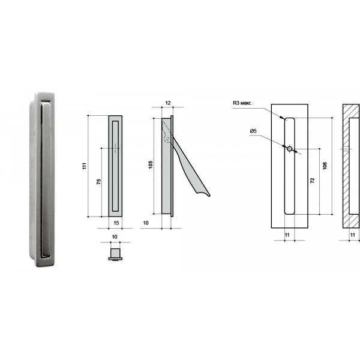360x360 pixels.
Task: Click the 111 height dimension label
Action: (85, 166)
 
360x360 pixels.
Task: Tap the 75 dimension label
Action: (99, 182)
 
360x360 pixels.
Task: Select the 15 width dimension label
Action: (116, 223)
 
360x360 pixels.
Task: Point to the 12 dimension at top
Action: (168, 103)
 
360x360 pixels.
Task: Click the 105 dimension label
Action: (151, 165)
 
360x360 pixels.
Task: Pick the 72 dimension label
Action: (313, 181)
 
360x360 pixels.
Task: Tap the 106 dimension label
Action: (325, 166)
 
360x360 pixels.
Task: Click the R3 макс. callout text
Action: (242, 103)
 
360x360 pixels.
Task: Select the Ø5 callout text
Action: (253, 131)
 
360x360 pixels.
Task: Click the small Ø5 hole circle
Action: (290, 149)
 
